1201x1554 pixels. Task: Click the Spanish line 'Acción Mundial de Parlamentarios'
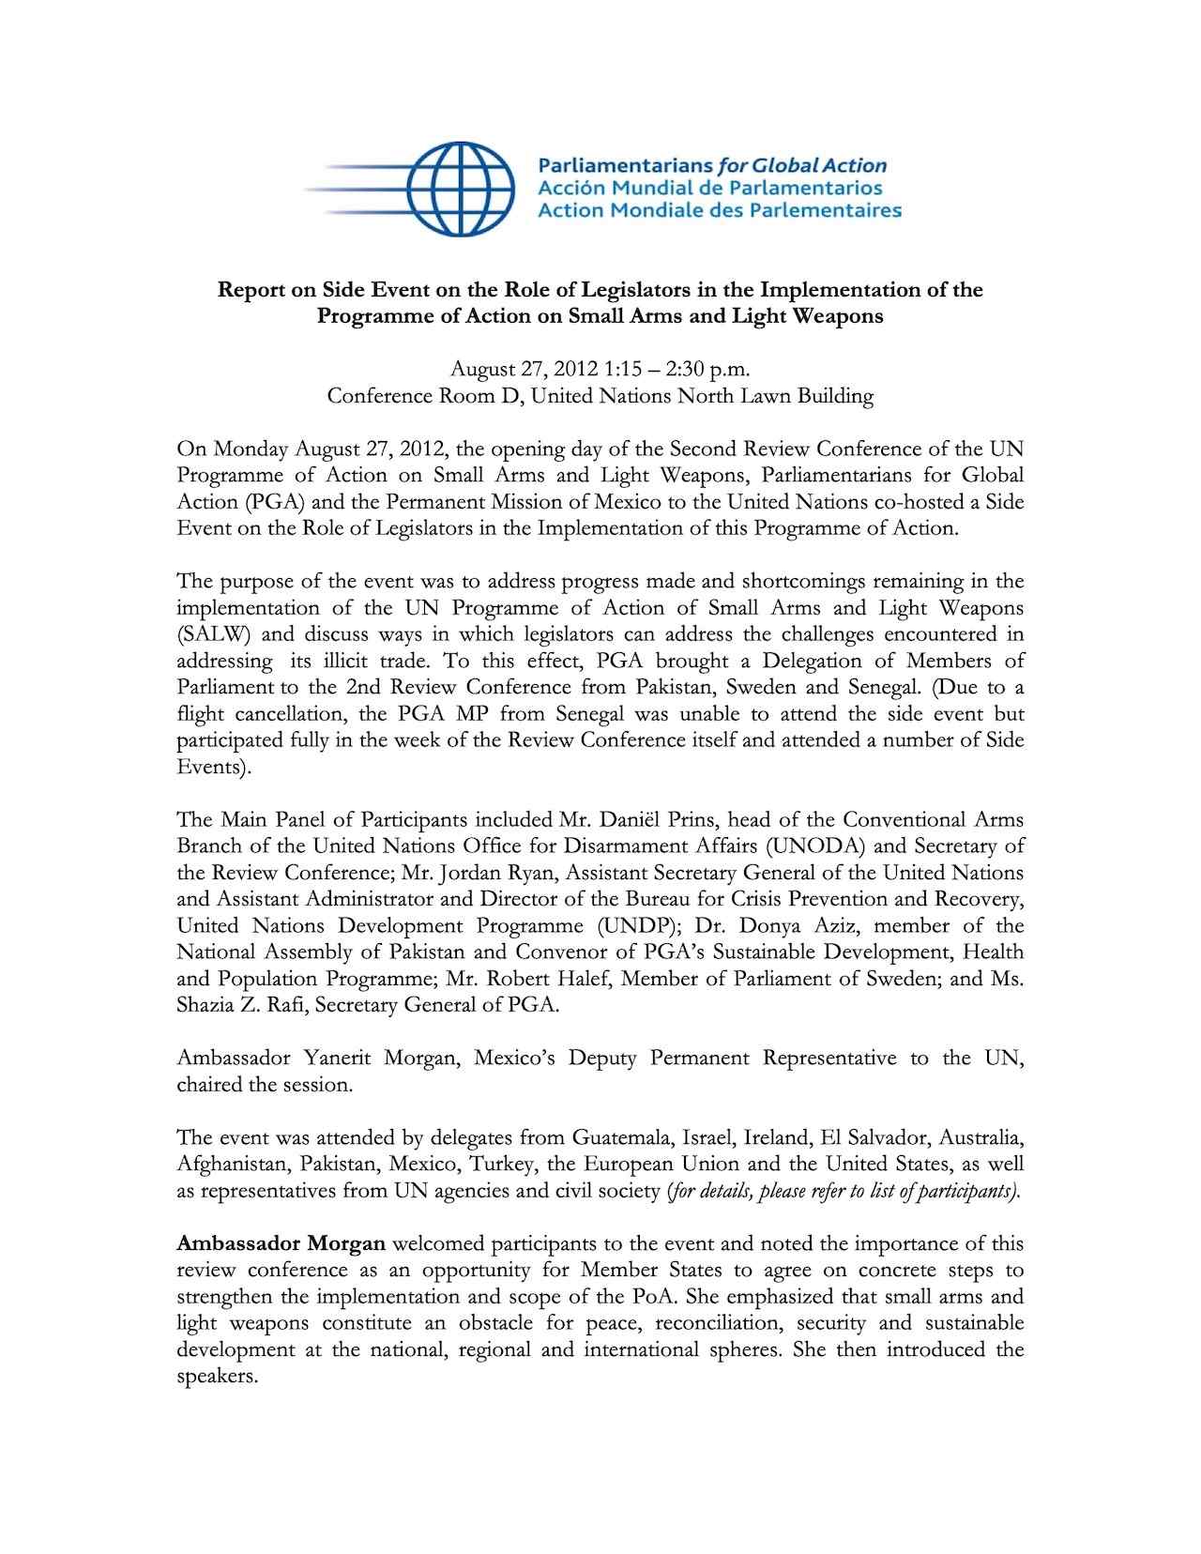point(710,188)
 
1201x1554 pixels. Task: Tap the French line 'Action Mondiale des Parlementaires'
point(719,210)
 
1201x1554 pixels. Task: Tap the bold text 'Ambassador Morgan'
point(281,1244)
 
